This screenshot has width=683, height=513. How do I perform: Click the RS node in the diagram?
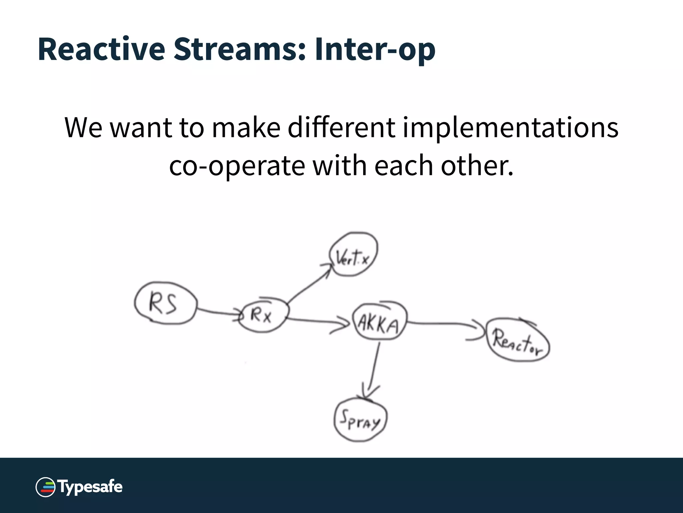click(x=165, y=303)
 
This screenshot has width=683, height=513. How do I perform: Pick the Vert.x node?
click(x=353, y=255)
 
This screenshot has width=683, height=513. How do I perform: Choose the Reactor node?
click(x=518, y=341)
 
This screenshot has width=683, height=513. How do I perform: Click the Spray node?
click(x=360, y=420)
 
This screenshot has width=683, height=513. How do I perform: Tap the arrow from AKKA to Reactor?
click(x=444, y=323)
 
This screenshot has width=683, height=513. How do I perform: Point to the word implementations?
click(x=510, y=128)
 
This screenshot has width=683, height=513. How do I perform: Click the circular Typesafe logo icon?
click(x=45, y=487)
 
